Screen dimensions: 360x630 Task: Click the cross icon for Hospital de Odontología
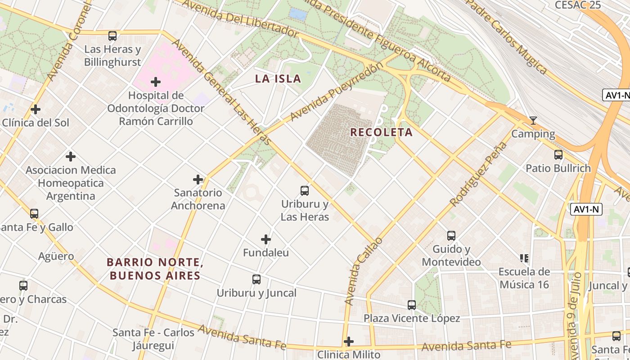click(x=156, y=82)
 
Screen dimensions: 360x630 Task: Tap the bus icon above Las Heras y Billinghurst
click(x=112, y=36)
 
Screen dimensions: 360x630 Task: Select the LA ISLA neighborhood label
click(x=278, y=79)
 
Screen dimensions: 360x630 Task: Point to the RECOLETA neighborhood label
click(x=381, y=132)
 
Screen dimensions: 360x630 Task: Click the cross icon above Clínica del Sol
click(x=36, y=109)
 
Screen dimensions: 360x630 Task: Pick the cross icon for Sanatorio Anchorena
click(x=198, y=180)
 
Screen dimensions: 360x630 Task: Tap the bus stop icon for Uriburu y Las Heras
click(x=305, y=191)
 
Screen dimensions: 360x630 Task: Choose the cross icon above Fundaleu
click(x=266, y=239)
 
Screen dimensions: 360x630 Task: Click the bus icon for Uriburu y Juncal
click(x=256, y=279)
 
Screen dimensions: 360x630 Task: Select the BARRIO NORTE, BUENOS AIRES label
click(x=155, y=269)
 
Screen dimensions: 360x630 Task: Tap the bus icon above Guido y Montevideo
click(x=451, y=235)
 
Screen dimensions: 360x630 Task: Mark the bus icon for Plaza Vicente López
click(x=412, y=305)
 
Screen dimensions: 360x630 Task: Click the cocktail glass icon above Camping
click(x=533, y=121)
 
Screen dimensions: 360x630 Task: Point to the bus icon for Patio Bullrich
click(x=558, y=155)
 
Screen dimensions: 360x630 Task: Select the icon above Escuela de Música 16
click(x=524, y=258)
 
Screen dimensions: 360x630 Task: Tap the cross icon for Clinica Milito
click(x=349, y=342)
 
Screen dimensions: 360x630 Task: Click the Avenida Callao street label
click(x=364, y=271)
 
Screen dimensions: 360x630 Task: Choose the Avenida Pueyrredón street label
click(x=337, y=92)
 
